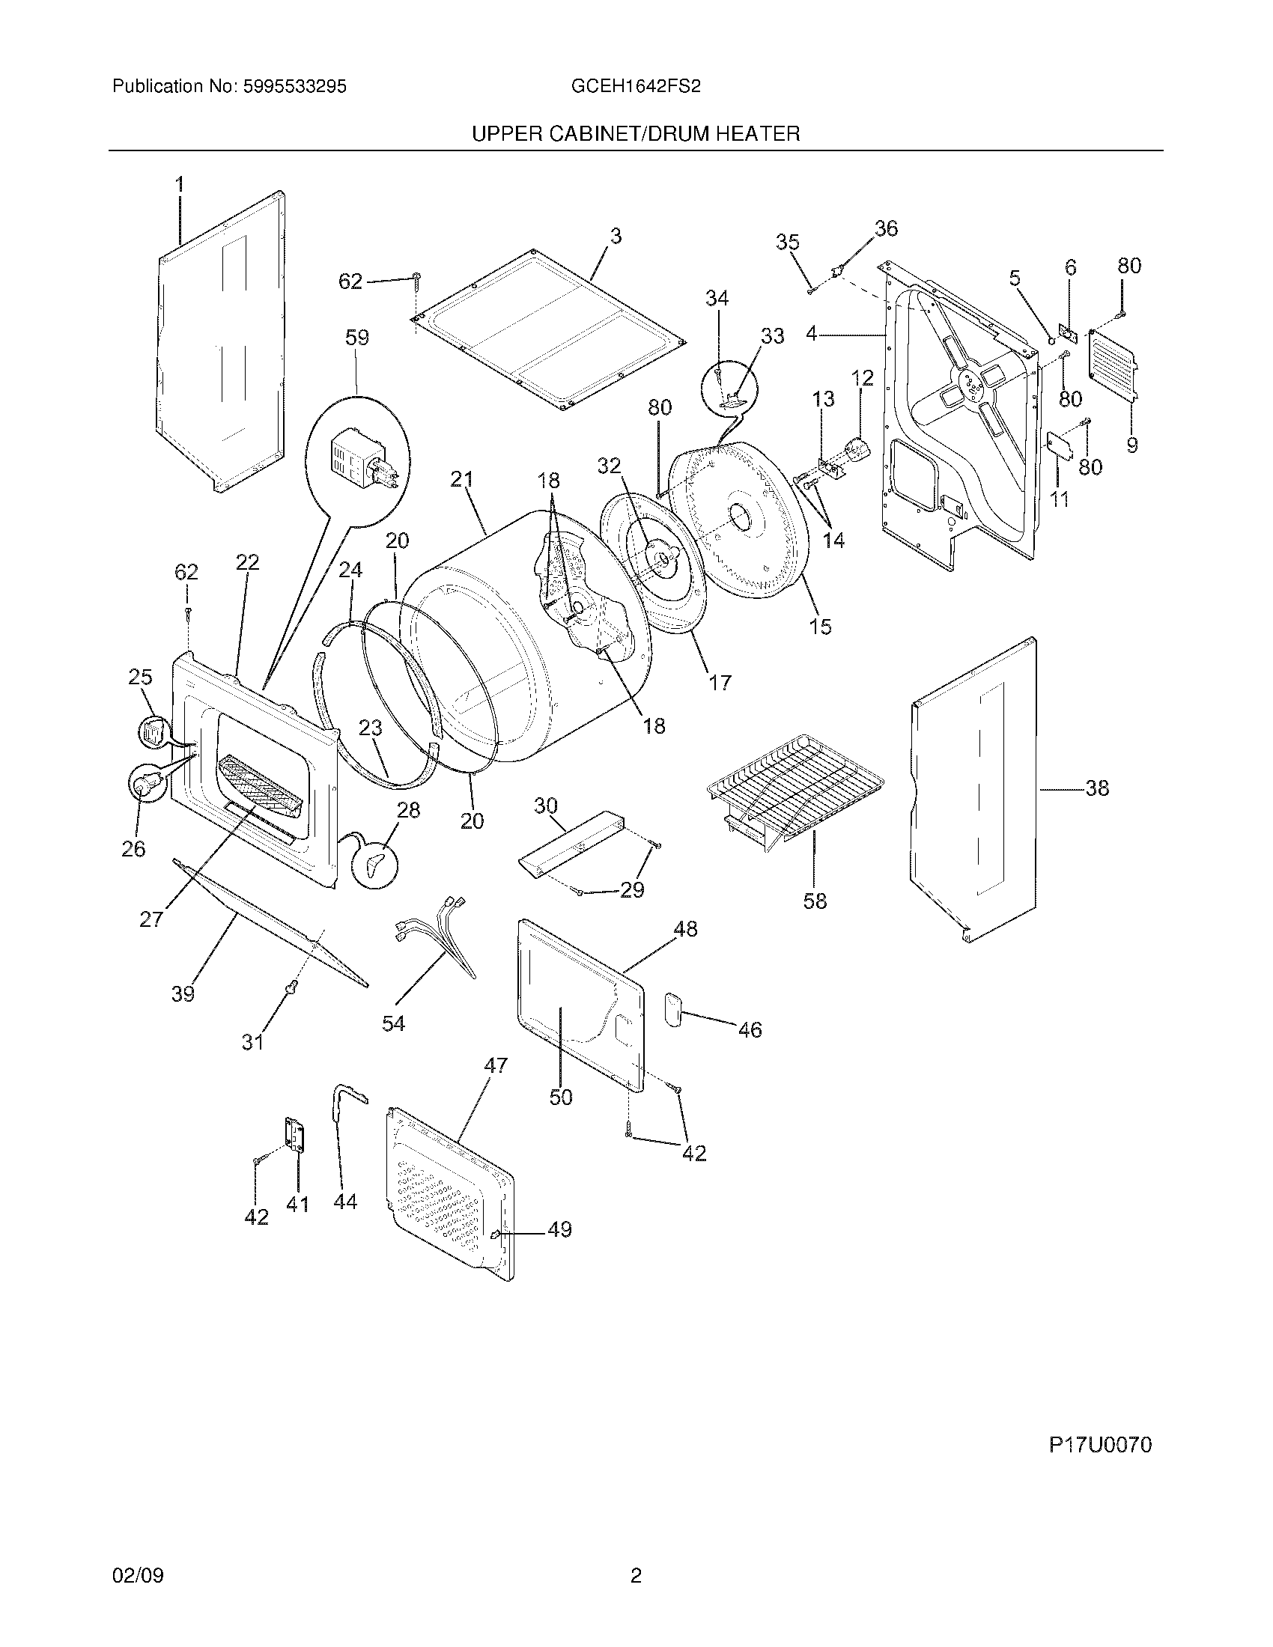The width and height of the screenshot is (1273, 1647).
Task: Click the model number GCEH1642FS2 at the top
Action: pyautogui.click(x=636, y=87)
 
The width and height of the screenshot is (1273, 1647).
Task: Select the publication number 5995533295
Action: pyautogui.click(x=294, y=87)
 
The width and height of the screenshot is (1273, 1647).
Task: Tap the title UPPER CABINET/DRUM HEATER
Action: pyautogui.click(x=636, y=134)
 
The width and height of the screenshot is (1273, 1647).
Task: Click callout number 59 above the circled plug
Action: pyautogui.click(x=356, y=337)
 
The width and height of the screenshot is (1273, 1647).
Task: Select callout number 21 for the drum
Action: pyautogui.click(x=461, y=479)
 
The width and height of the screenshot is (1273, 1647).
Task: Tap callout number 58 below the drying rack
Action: pyautogui.click(x=815, y=901)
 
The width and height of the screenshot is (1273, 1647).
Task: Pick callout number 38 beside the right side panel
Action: pyautogui.click(x=1097, y=788)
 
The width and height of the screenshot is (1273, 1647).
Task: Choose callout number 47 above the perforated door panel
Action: pyautogui.click(x=496, y=1065)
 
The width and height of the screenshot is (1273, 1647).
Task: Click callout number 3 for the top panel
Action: pyautogui.click(x=616, y=236)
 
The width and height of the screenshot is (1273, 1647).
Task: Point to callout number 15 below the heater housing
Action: pyautogui.click(x=820, y=626)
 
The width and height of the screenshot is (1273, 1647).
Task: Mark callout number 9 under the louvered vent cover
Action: pyautogui.click(x=1132, y=445)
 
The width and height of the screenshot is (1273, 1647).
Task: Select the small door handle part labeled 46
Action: pyautogui.click(x=672, y=1009)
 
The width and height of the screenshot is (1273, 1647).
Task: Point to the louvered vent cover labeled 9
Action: pyautogui.click(x=1112, y=365)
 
